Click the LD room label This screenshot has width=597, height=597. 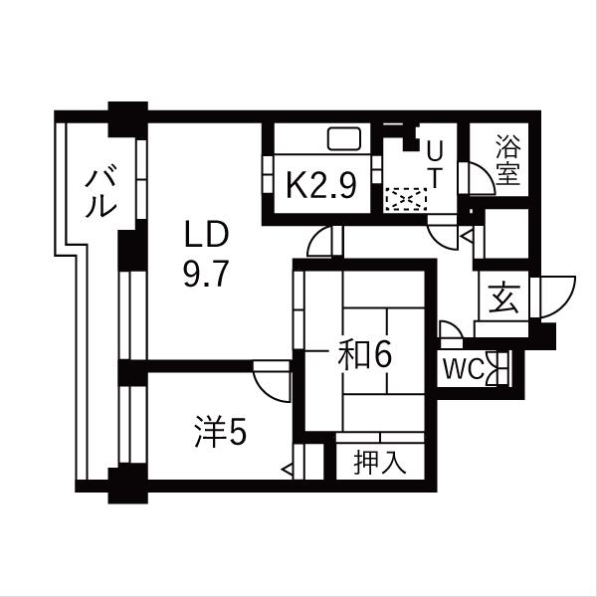206,235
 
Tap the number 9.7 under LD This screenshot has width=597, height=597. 206,274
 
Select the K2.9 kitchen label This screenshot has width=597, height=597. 321,185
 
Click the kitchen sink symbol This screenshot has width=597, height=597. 344,138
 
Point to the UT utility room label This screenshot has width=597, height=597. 435,166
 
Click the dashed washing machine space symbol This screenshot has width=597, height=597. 406,199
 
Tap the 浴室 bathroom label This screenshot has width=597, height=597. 508,160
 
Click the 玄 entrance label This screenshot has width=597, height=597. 504,298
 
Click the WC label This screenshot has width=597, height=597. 464,368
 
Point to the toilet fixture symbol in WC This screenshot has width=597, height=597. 497,368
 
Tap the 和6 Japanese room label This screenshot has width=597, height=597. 365,355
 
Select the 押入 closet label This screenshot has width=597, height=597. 380,463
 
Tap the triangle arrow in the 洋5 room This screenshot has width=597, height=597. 288,470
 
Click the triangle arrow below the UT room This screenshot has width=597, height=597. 467,237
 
